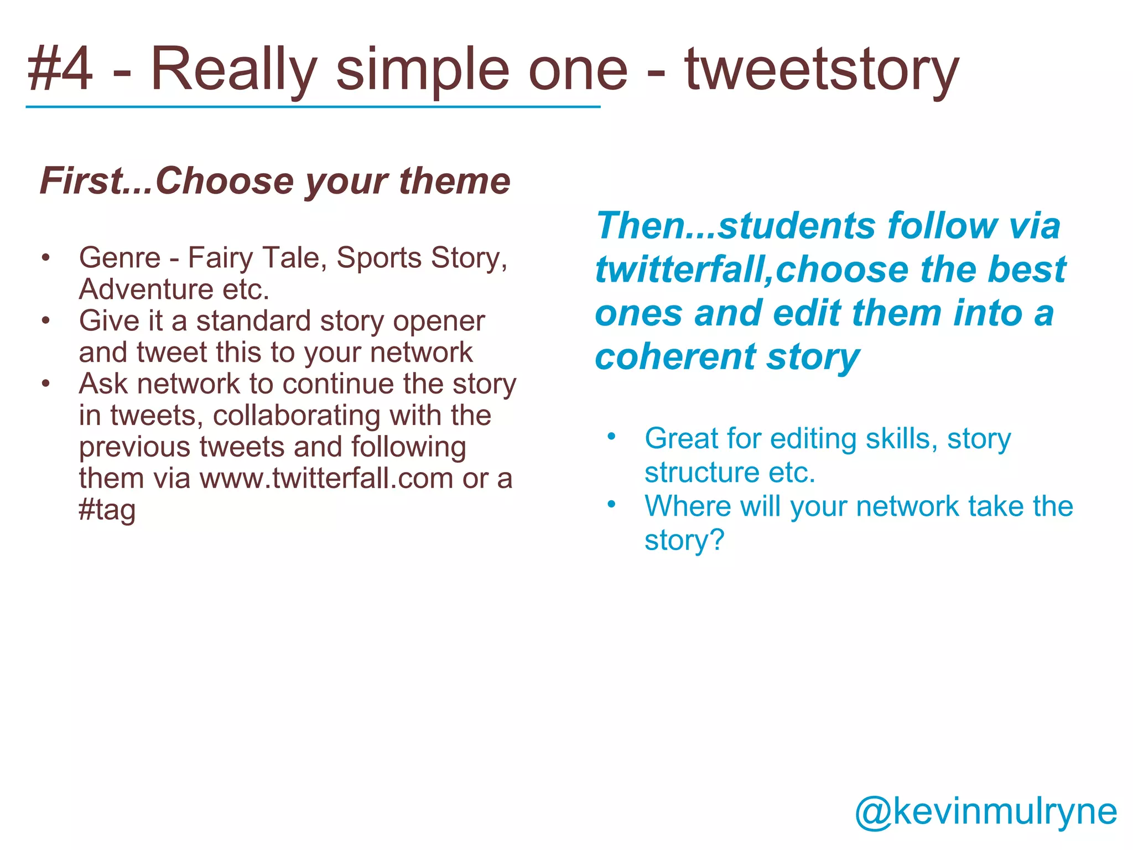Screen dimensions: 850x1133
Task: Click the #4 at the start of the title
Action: tap(60, 70)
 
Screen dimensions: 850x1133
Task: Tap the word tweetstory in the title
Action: tap(821, 70)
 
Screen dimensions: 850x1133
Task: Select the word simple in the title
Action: tap(422, 70)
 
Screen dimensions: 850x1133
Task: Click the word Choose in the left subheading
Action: tap(224, 181)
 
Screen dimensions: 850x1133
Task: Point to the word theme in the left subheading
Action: tap(454, 181)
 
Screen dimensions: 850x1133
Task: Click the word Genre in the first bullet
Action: tap(119, 258)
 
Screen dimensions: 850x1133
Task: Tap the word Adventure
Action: tap(146, 289)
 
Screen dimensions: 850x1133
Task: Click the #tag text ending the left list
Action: tap(107, 510)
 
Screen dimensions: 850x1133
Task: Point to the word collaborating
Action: tap(296, 416)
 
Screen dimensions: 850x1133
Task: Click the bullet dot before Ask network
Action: tap(46, 383)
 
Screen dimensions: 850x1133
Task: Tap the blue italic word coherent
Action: tap(675, 357)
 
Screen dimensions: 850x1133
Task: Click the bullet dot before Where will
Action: tap(611, 505)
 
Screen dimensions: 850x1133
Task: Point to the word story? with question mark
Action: tap(684, 540)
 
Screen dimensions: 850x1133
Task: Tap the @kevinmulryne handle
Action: tap(986, 811)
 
